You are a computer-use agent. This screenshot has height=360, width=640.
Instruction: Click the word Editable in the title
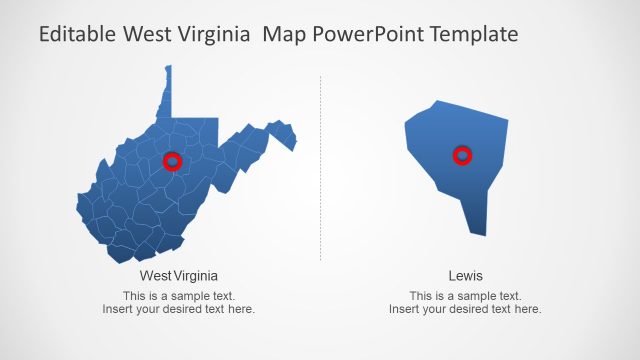[78, 34]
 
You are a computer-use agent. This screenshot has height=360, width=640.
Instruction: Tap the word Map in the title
[283, 34]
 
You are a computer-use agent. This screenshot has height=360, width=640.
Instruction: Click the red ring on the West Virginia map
[172, 160]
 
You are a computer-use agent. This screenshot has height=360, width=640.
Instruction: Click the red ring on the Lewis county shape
[462, 155]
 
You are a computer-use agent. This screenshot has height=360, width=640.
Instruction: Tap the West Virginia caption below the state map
[179, 275]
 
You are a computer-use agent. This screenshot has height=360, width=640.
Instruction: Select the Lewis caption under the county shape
[465, 275]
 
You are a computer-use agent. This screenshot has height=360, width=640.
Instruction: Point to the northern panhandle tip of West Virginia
[168, 70]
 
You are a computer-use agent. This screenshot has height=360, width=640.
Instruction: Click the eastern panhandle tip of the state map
[293, 147]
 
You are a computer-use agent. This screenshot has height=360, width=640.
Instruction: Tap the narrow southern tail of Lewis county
[478, 228]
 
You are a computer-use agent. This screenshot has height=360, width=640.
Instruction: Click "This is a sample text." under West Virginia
[179, 296]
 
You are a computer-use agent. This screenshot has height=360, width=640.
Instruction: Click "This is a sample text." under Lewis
[465, 296]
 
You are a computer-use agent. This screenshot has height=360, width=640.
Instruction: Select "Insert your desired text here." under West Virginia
[179, 309]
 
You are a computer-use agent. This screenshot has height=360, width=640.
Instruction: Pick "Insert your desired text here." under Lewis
[465, 309]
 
